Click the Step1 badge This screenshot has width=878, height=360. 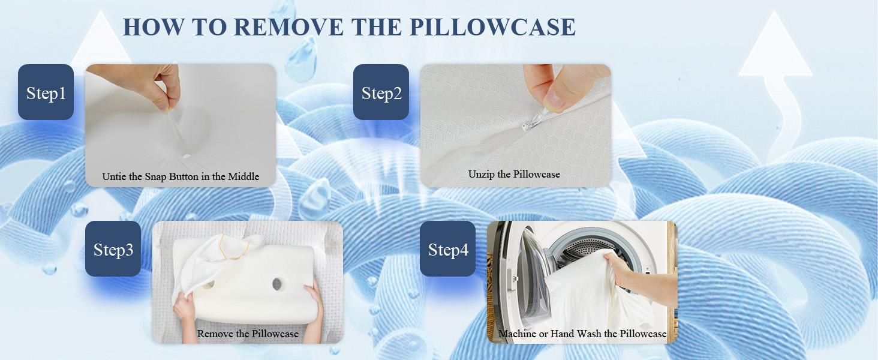[x=46, y=92]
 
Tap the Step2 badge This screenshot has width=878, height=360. [x=381, y=92]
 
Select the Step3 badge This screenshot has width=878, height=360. [x=113, y=249]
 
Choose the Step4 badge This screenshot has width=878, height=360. [x=447, y=249]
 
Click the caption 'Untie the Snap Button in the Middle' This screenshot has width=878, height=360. [x=181, y=176]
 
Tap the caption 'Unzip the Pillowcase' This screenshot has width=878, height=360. [x=514, y=174]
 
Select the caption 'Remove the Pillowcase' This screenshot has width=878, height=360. [x=248, y=334]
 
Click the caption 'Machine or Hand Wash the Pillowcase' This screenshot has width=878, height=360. [x=582, y=334]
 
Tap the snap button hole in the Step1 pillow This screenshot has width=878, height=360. [x=185, y=156]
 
